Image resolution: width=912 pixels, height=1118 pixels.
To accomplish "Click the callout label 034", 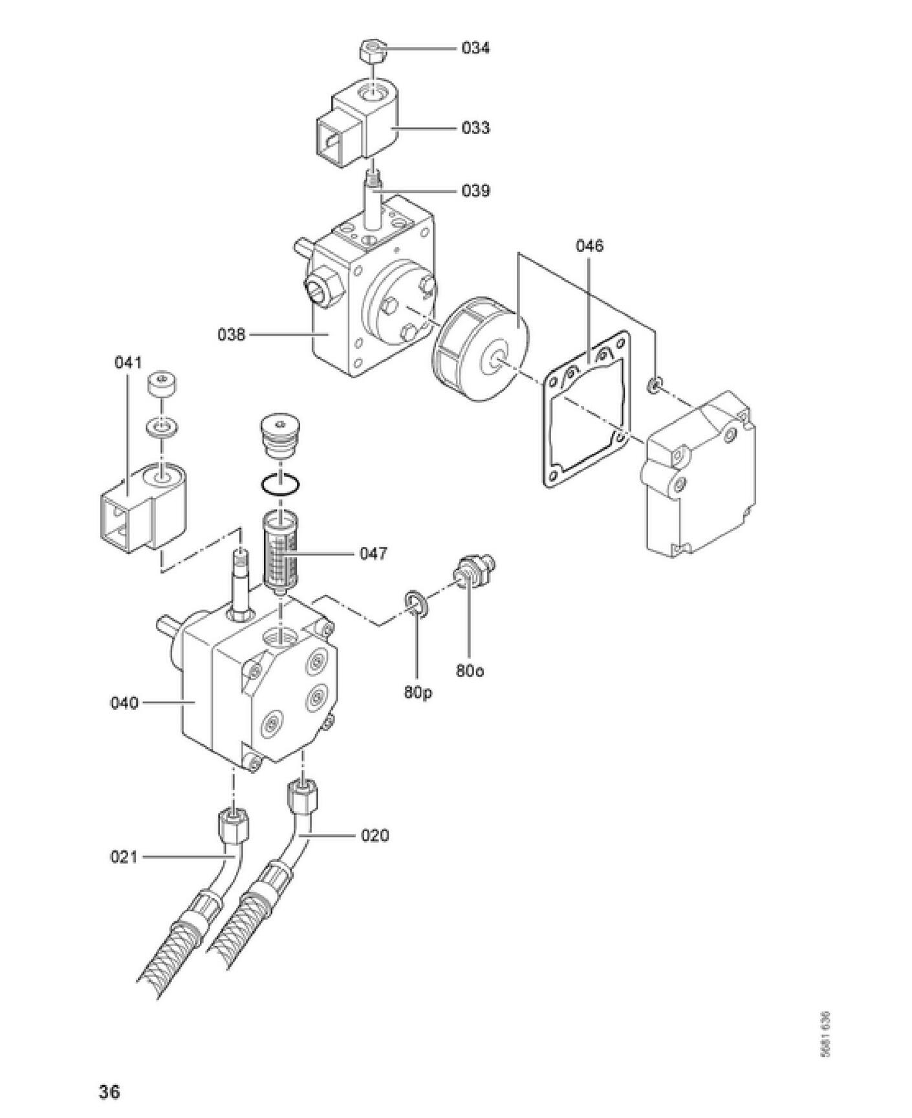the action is [x=475, y=48].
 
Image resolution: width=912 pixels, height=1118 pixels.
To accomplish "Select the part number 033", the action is [x=475, y=128].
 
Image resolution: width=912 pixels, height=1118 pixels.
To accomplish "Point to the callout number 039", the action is [x=475, y=191].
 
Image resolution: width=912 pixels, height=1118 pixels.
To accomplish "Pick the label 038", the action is [x=232, y=335].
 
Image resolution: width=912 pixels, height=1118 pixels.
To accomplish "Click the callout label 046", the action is [x=589, y=246].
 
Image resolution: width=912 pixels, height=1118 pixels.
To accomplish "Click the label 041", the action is [x=128, y=362].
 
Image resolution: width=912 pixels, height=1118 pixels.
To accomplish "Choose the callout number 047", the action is [x=373, y=554].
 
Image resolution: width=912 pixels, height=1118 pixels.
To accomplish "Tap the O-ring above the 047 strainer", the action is [x=280, y=486].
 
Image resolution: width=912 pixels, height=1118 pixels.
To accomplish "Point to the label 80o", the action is [x=470, y=671].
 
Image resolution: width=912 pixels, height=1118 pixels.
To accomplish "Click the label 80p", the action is [x=418, y=693].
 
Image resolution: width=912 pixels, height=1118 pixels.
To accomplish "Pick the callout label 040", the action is [x=124, y=703].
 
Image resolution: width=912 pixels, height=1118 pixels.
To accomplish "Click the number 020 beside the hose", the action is [x=375, y=835].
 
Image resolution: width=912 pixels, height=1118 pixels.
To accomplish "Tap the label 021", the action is [x=124, y=857].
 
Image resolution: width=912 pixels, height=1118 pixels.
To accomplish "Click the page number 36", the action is [x=109, y=1092].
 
